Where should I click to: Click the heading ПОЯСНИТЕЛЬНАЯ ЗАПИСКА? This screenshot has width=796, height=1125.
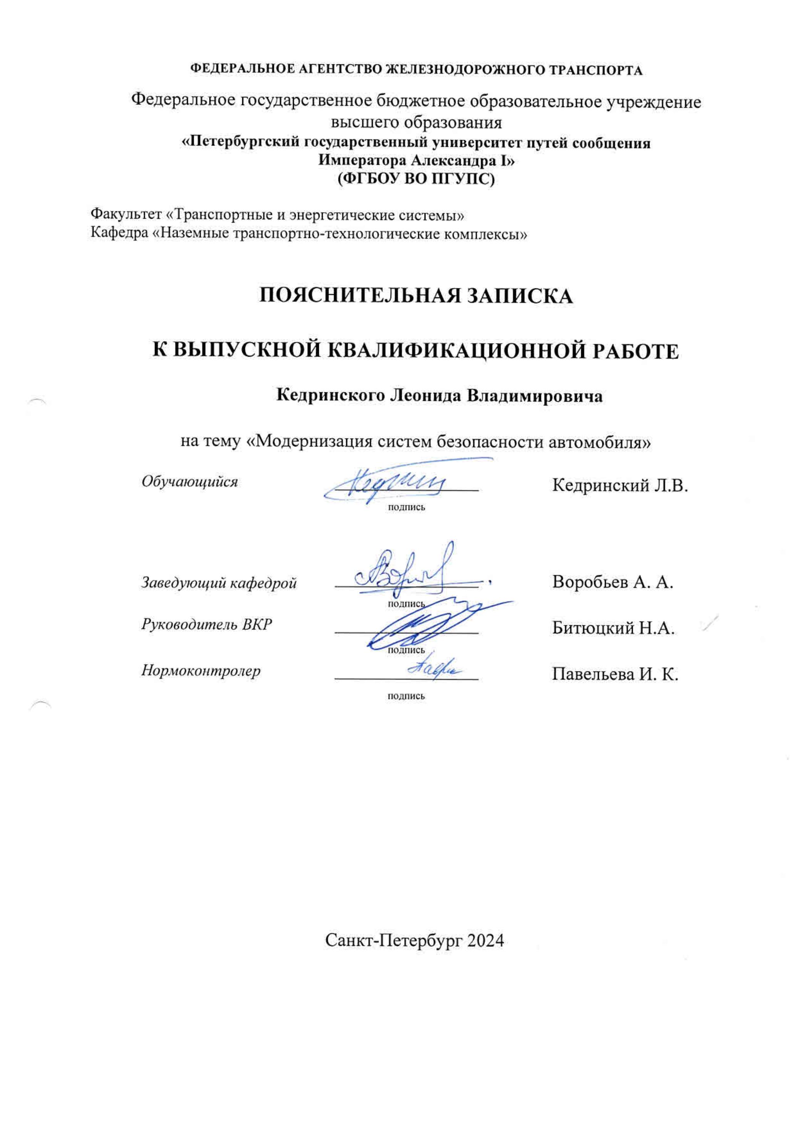coord(416,296)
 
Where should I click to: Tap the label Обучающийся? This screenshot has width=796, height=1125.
coord(190,482)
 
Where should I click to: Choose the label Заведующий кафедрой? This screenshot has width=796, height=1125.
coord(219,583)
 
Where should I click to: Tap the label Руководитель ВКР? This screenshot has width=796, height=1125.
coord(206,625)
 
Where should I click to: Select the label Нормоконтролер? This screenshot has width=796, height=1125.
coord(201,670)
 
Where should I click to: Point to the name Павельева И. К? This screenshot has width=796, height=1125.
coord(615,675)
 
